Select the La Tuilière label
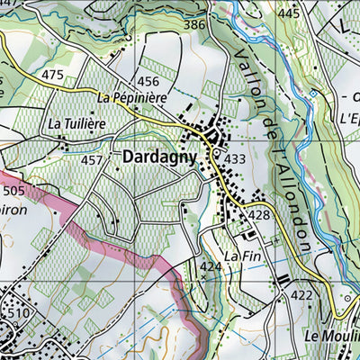(x=77, y=122)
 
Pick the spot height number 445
(x=288, y=13)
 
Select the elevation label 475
(x=53, y=75)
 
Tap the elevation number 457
(x=92, y=160)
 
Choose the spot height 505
(x=14, y=191)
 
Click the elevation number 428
(x=260, y=215)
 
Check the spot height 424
(x=211, y=267)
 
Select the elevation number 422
(x=301, y=295)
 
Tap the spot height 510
(x=19, y=312)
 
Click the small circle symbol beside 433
(x=216, y=155)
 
